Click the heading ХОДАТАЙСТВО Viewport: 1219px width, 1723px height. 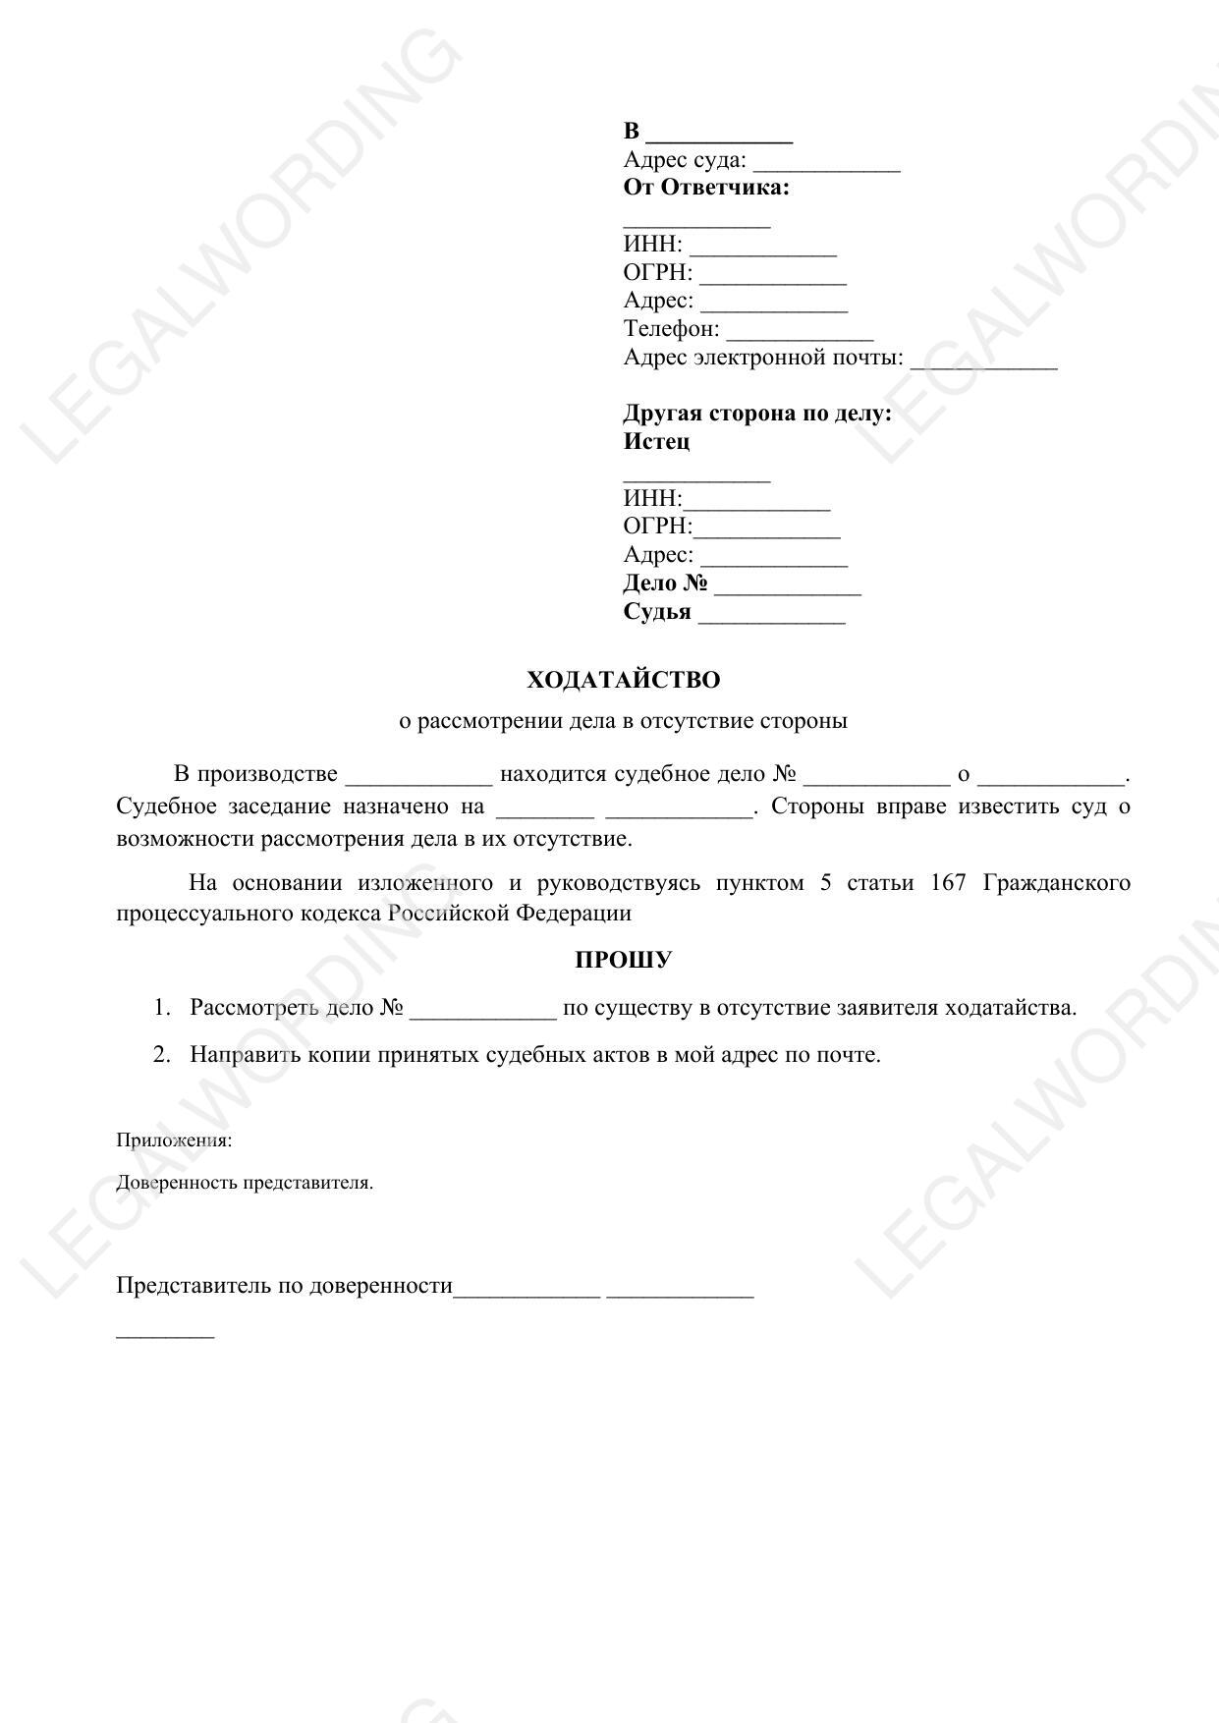tap(623, 680)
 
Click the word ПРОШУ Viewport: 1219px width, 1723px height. tap(623, 960)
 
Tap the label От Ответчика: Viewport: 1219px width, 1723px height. tap(706, 188)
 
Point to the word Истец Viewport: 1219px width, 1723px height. tap(656, 441)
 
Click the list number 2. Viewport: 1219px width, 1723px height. tap(162, 1055)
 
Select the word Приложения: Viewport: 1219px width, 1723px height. tap(174, 1140)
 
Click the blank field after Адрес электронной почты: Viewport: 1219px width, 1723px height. tap(983, 361)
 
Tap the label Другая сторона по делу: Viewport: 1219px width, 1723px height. tap(757, 413)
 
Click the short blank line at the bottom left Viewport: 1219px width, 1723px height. tap(165, 1335)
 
